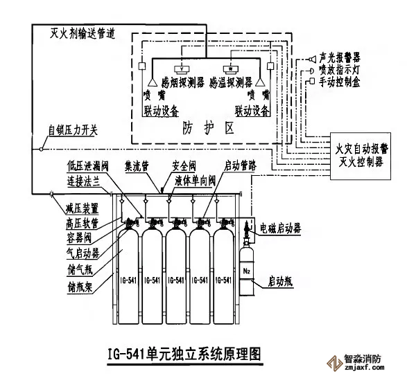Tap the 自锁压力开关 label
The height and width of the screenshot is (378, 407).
coord(73,129)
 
